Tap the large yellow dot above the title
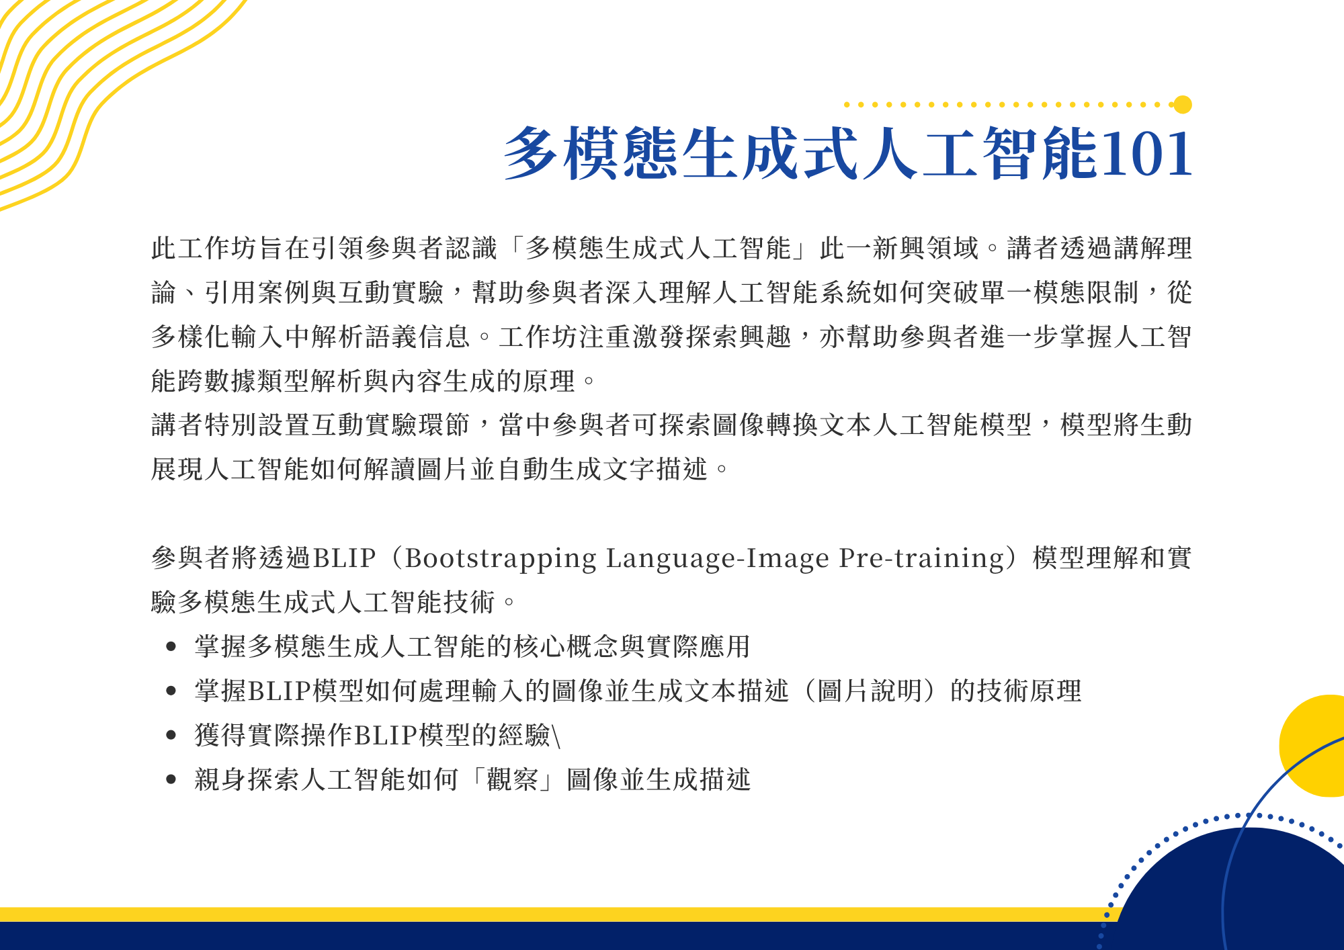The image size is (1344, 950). (1183, 105)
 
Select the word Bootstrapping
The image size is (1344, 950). (501, 559)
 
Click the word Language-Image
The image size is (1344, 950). (718, 559)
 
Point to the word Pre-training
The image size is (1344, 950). (921, 559)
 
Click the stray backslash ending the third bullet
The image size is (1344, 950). (556, 736)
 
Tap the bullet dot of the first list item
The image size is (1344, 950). (171, 647)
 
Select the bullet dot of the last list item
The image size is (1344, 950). (171, 779)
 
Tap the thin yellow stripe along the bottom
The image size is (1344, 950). (551, 914)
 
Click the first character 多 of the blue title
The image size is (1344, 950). (531, 154)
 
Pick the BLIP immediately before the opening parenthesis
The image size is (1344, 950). (344, 559)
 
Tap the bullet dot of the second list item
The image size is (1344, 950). (171, 691)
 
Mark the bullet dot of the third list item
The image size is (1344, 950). (171, 736)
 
